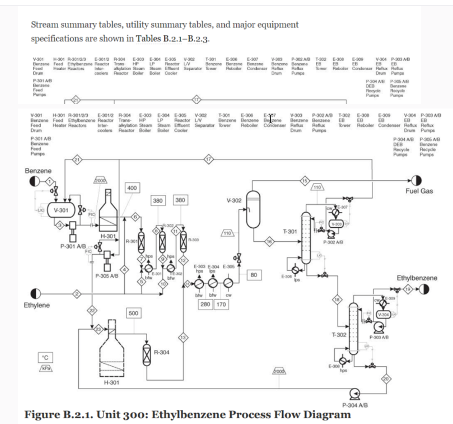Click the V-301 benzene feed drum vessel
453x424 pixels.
click(61, 210)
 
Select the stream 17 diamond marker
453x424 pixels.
click(209, 159)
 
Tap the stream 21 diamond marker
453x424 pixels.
click(77, 159)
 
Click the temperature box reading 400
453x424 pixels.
click(132, 188)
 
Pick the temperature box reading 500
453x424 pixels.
click(133, 313)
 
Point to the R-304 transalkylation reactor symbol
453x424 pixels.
click(147, 355)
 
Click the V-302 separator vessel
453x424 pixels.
click(253, 210)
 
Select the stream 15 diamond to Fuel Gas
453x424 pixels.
click(304, 181)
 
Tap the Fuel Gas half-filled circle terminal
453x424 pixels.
click(416, 181)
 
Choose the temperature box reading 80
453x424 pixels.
click(254, 275)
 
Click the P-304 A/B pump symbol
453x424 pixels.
click(355, 394)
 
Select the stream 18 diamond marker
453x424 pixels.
click(337, 299)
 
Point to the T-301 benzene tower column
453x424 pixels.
click(306, 238)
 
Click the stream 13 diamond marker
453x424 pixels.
click(183, 338)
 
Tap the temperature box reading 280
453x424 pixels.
click(205, 304)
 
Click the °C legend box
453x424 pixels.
click(45, 358)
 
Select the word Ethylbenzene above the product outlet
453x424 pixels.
click(417, 278)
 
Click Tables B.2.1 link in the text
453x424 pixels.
click(159, 38)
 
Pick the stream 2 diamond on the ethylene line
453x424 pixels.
click(77, 294)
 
